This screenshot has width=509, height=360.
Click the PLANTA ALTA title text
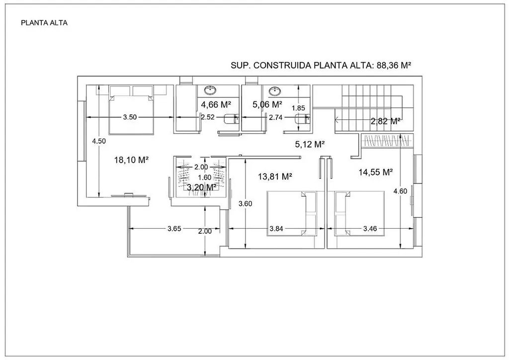44,23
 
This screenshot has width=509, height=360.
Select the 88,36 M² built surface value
394,65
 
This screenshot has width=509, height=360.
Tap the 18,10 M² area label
131,160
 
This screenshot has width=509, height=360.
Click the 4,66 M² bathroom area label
216,104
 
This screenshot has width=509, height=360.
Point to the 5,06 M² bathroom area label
267,104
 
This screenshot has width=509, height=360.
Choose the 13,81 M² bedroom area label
275,177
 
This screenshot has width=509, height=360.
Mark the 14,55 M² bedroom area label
376,172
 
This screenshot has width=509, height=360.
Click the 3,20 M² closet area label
202,187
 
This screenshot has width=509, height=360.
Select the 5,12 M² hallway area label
310,144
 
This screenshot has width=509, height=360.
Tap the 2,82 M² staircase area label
386,121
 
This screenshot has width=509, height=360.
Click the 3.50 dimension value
130,117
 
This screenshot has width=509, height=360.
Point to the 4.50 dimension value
99,141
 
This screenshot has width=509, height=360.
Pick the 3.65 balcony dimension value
174,229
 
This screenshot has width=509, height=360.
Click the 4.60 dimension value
400,191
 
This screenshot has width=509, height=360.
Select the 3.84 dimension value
276,229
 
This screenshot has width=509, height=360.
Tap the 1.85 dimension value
298,108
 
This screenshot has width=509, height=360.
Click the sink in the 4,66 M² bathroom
211,90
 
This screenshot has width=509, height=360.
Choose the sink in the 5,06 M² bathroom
275,91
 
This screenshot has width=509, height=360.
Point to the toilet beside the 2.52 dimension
231,119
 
